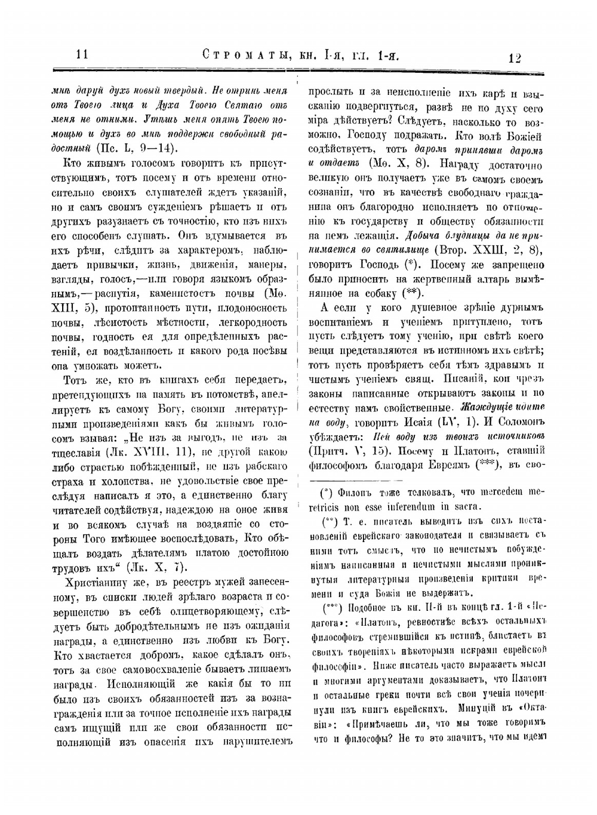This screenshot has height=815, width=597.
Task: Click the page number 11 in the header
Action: tap(82, 54)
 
